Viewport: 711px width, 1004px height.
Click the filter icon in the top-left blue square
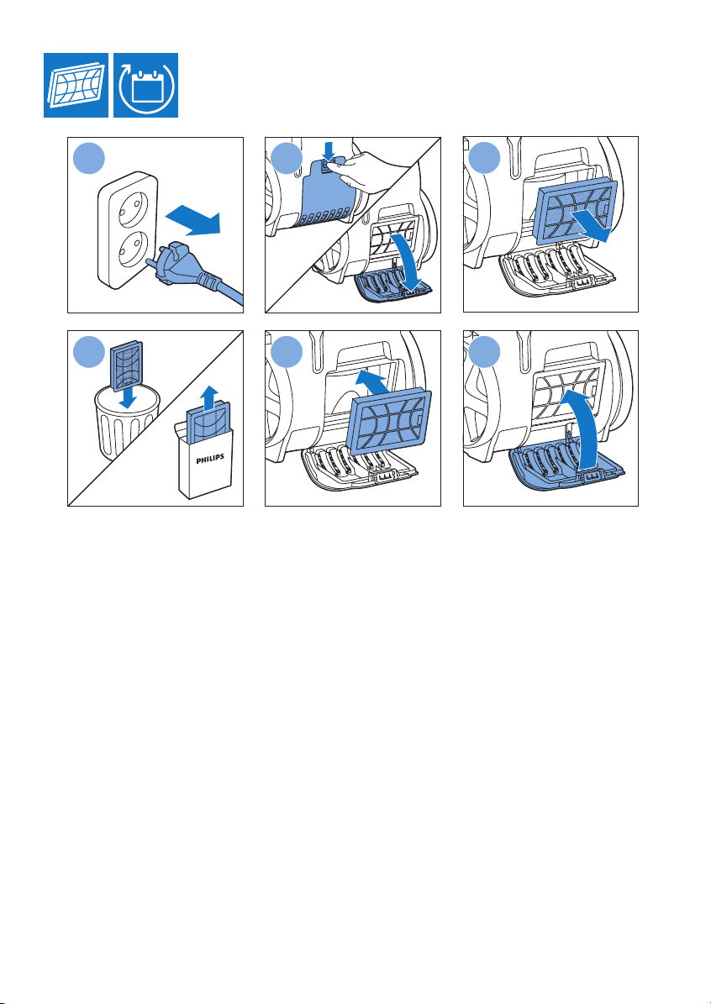pyautogui.click(x=76, y=85)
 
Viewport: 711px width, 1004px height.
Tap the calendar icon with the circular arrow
pyautogui.click(x=146, y=85)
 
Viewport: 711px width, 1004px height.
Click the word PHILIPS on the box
pyautogui.click(x=206, y=460)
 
